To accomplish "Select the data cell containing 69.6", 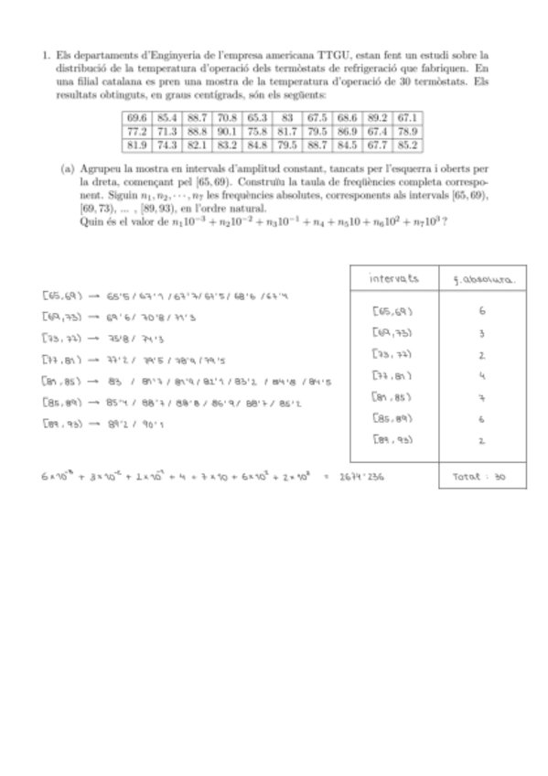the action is (x=137, y=117).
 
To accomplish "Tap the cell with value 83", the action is (x=286, y=117).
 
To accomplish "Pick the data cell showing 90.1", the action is (x=227, y=130).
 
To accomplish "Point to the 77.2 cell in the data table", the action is (x=137, y=130).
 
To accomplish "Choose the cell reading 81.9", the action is (x=137, y=144).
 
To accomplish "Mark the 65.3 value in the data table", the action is (x=257, y=117).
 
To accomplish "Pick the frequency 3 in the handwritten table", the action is (x=481, y=333).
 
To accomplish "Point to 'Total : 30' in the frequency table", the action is (x=479, y=476).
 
